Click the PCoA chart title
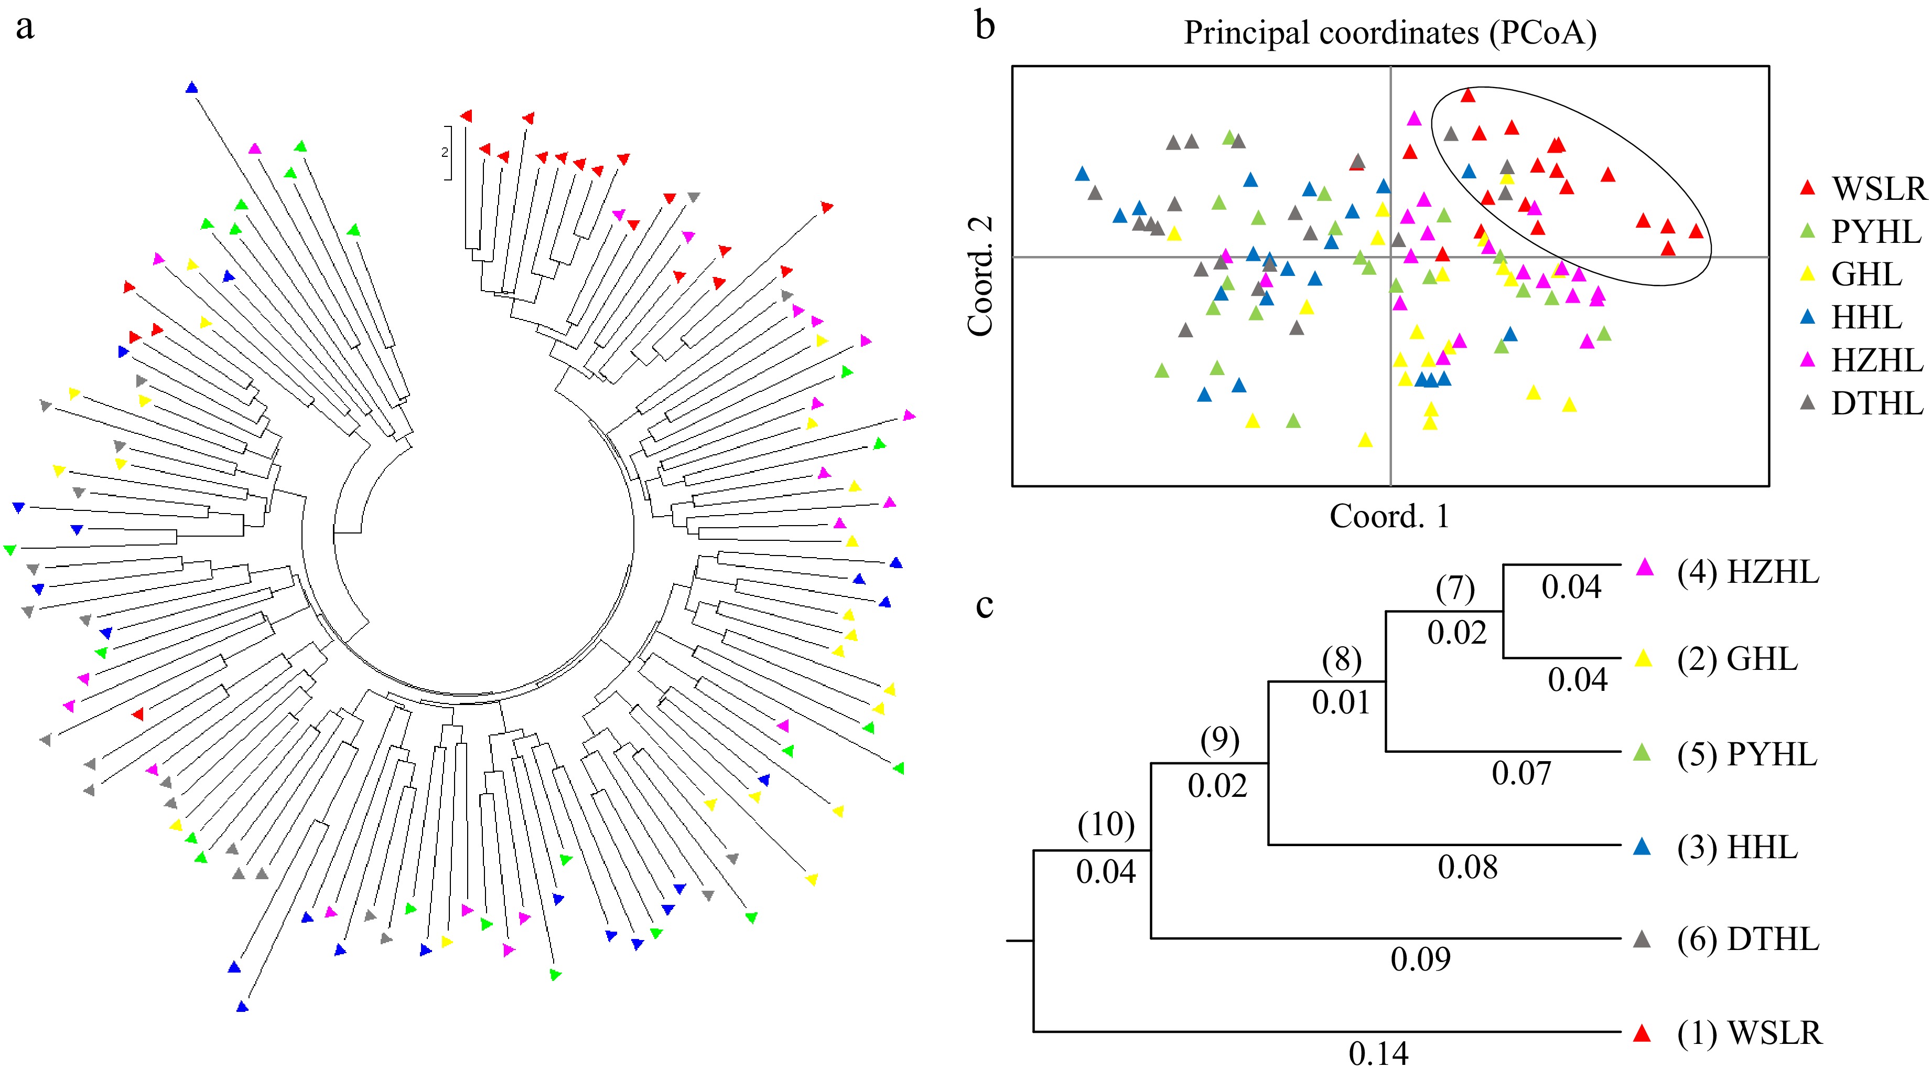pos(1390,34)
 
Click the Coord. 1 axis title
pos(1390,516)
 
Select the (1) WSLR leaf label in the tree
pos(1750,1033)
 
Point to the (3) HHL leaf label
pos(1737,848)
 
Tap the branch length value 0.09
pos(1420,959)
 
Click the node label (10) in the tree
pos(1106,825)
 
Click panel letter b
pos(985,26)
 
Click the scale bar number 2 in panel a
pos(445,152)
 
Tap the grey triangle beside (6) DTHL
pos(1643,939)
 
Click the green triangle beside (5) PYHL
pos(1643,752)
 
